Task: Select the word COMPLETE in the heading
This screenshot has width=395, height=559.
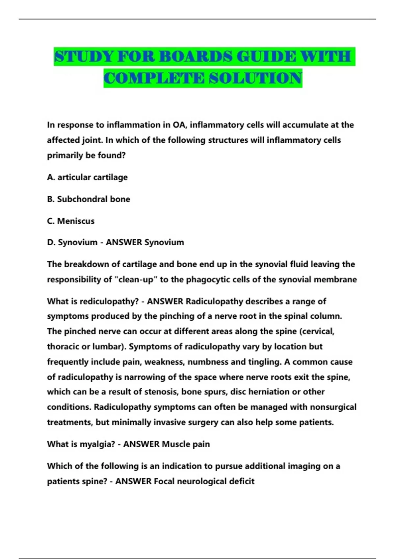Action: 154,78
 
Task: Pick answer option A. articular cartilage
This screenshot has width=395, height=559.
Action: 87,177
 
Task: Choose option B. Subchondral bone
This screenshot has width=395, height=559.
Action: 89,199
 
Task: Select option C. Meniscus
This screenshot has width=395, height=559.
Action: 71,221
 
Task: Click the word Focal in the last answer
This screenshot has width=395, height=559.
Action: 164,481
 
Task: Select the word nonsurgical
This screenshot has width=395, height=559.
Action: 333,407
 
